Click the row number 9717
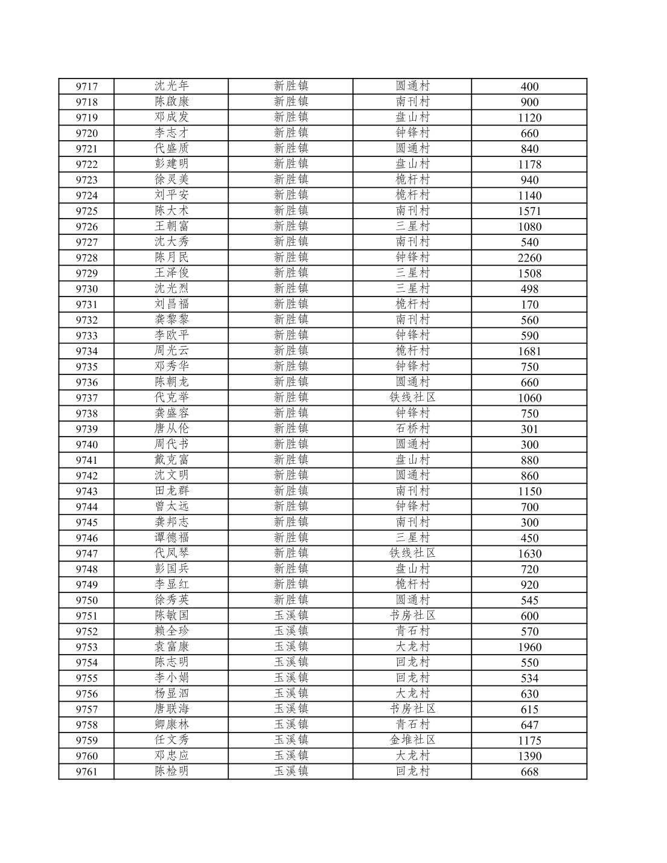tap(86, 86)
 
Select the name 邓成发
tap(171, 117)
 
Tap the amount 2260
tap(529, 258)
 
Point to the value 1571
tap(529, 211)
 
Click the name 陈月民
tap(171, 257)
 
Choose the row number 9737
tap(86, 398)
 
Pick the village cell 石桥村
tap(412, 429)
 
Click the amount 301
tap(529, 429)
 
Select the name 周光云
tap(171, 351)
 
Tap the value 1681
tap(529, 351)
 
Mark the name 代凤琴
tap(171, 553)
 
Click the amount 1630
tap(529, 554)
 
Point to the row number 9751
tap(86, 616)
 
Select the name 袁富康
tap(171, 647)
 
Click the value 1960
tap(529, 647)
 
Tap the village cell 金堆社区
tap(412, 740)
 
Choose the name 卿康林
tap(171, 725)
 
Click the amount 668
tap(529, 772)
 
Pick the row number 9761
tap(86, 772)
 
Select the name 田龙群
tap(171, 491)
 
